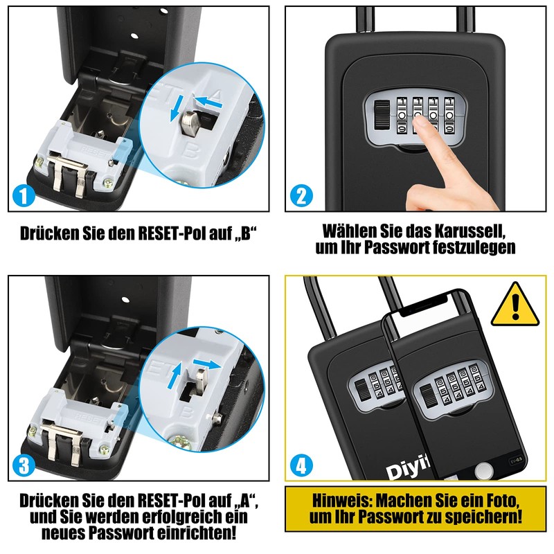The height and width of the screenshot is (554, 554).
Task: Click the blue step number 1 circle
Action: point(24,195)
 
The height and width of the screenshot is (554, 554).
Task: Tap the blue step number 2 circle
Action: point(301,195)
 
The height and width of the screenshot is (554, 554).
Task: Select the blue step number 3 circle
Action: point(24,465)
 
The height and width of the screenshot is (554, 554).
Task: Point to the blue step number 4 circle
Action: point(301,465)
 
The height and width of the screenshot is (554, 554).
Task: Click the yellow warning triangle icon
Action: point(515,305)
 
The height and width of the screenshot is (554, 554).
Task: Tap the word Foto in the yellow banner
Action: point(501,501)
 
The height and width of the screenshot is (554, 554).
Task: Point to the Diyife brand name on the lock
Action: point(407,470)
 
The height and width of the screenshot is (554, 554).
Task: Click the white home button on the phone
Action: point(483,472)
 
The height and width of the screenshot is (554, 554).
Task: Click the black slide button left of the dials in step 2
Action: point(382,115)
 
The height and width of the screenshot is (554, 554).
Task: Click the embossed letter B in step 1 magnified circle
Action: point(191,152)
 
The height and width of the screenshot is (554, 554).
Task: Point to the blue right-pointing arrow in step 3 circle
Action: point(206,364)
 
